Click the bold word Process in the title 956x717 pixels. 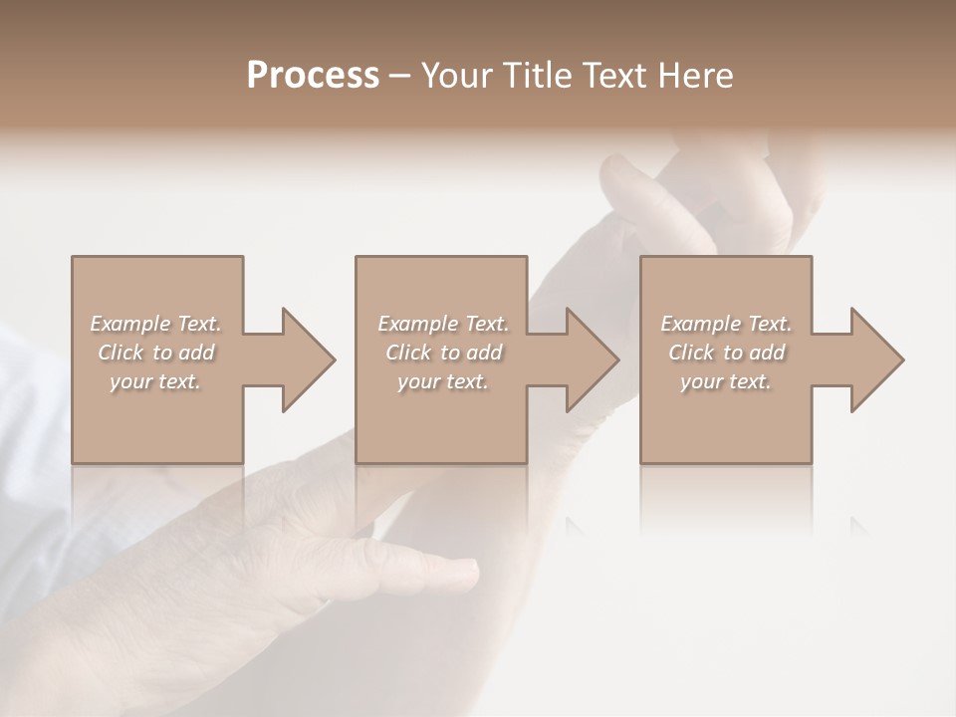[313, 76]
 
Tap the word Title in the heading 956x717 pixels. [536, 76]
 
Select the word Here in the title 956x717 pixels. [695, 76]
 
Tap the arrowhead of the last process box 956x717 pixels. [876, 359]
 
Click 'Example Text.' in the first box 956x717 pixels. [155, 324]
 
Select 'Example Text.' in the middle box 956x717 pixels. [443, 324]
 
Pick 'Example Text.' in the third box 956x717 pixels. [726, 324]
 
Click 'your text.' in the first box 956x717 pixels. [155, 381]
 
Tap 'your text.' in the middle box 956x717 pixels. [443, 381]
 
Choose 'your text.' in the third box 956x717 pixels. [726, 381]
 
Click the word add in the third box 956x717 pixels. [768, 353]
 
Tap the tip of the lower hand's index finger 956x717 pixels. [470, 571]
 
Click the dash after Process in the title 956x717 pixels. [399, 77]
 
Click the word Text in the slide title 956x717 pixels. [611, 76]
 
